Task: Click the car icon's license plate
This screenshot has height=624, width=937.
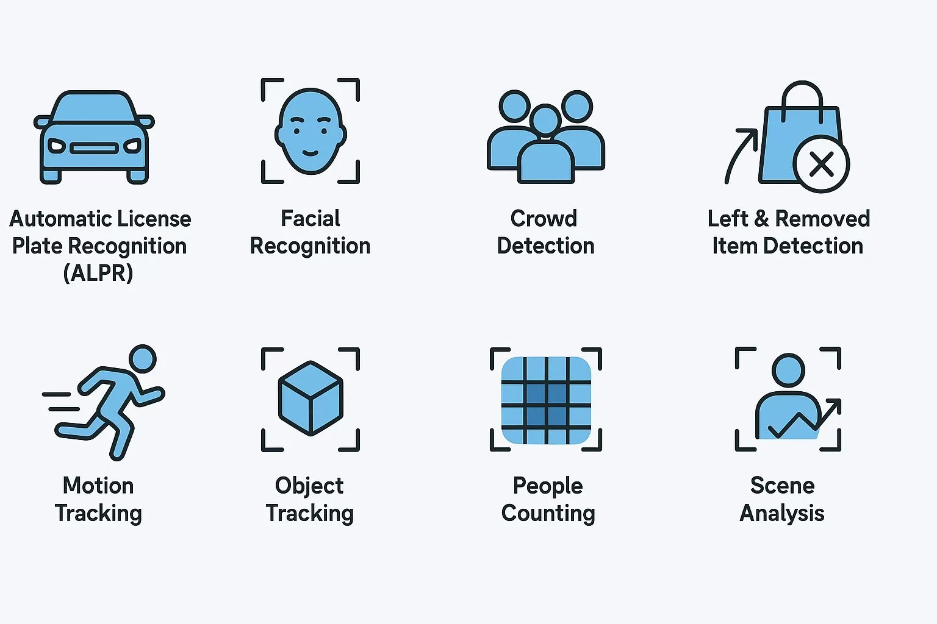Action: click(94, 148)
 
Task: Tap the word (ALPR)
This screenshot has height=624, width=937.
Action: click(98, 274)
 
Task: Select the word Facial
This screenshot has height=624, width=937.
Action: click(311, 219)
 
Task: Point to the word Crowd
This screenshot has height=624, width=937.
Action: click(544, 219)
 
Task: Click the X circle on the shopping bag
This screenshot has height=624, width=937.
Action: click(821, 164)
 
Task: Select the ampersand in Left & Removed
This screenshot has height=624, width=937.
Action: click(761, 219)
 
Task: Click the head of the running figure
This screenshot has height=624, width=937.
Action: click(143, 358)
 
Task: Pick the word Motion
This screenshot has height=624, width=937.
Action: click(98, 486)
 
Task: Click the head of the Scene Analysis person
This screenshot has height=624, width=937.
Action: click(789, 370)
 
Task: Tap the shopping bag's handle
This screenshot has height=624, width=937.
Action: click(802, 98)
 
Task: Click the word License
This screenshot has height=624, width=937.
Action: click(154, 219)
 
